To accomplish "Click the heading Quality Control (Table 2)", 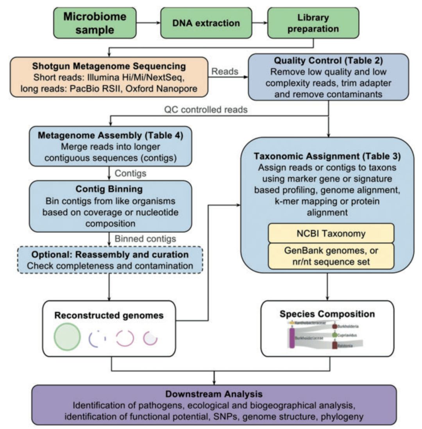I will [329, 62].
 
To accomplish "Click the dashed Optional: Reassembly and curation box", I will [111, 260].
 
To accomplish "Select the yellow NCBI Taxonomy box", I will [331, 234].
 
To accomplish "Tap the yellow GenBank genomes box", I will [331, 256].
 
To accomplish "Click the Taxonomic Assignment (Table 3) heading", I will [327, 156].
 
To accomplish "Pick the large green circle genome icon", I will [68, 338].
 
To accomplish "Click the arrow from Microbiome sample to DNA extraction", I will [149, 23].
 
